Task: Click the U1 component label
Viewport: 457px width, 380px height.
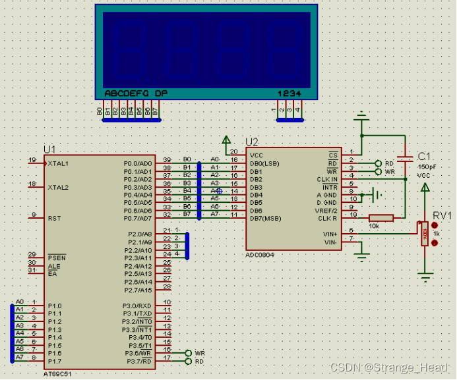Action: pos(50,149)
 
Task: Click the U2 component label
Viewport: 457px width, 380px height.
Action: pos(253,142)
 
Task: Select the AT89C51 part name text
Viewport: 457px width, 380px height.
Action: pos(59,372)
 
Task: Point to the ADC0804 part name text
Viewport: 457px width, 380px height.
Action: pos(260,254)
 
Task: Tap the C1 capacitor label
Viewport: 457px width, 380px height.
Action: pos(425,156)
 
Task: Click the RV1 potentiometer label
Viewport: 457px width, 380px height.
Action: pos(442,215)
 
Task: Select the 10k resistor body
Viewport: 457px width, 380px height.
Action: pos(381,218)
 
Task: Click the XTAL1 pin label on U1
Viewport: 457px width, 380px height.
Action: pos(58,163)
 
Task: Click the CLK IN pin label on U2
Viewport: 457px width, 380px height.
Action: pos(327,179)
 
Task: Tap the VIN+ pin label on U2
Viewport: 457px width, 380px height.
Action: pos(330,234)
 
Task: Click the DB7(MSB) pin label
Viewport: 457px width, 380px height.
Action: pos(265,218)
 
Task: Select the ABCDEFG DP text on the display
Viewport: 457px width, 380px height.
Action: pos(135,94)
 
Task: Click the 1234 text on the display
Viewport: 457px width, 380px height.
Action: pos(289,94)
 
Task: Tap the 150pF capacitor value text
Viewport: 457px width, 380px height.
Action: pos(427,167)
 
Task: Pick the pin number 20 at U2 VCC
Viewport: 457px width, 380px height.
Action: pos(233,152)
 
